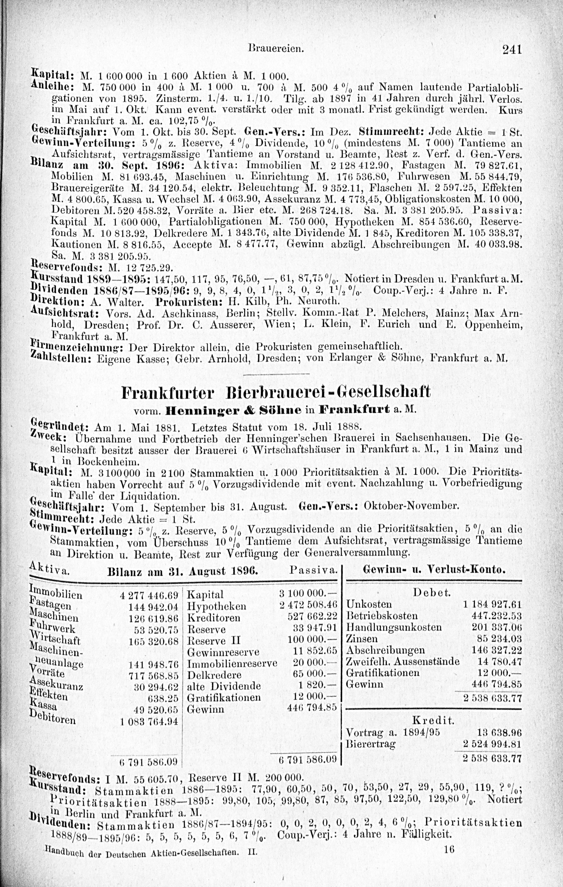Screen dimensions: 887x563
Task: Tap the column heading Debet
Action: pyautogui.click(x=432, y=593)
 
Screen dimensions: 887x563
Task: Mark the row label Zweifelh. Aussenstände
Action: pyautogui.click(x=403, y=661)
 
